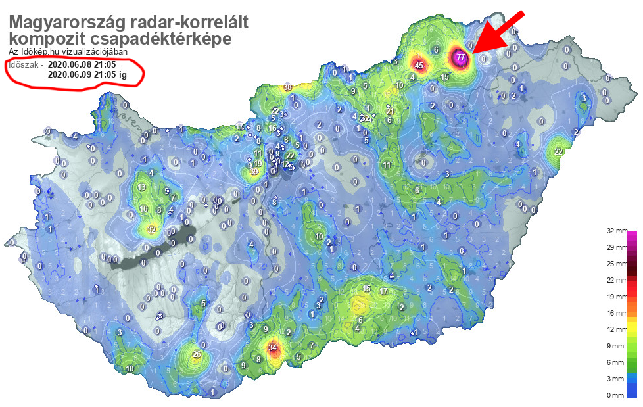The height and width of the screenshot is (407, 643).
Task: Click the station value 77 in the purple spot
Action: tap(461, 57)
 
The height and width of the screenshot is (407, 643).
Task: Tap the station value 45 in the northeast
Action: tap(419, 65)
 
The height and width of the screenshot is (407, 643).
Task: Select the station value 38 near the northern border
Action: tap(288, 87)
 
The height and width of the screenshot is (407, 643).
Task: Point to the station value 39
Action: tap(254, 172)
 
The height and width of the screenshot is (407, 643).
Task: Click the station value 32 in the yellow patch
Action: tap(152, 229)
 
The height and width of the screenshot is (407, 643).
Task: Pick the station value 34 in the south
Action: tap(273, 348)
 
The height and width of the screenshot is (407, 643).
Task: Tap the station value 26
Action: tap(196, 355)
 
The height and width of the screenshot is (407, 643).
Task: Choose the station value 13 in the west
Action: tap(142, 187)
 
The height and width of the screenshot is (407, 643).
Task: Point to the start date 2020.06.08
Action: tap(74, 64)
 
